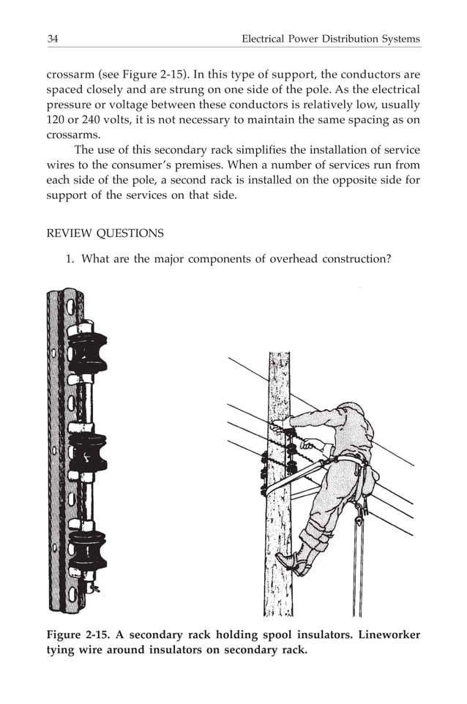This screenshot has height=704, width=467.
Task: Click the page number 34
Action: (x=53, y=38)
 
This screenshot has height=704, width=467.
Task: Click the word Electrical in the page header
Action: (x=266, y=38)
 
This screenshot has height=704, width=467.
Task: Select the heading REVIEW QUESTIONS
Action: (x=105, y=233)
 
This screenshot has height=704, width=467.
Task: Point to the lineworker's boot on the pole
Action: (x=288, y=561)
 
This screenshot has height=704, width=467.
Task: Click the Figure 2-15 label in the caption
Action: (x=80, y=635)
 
